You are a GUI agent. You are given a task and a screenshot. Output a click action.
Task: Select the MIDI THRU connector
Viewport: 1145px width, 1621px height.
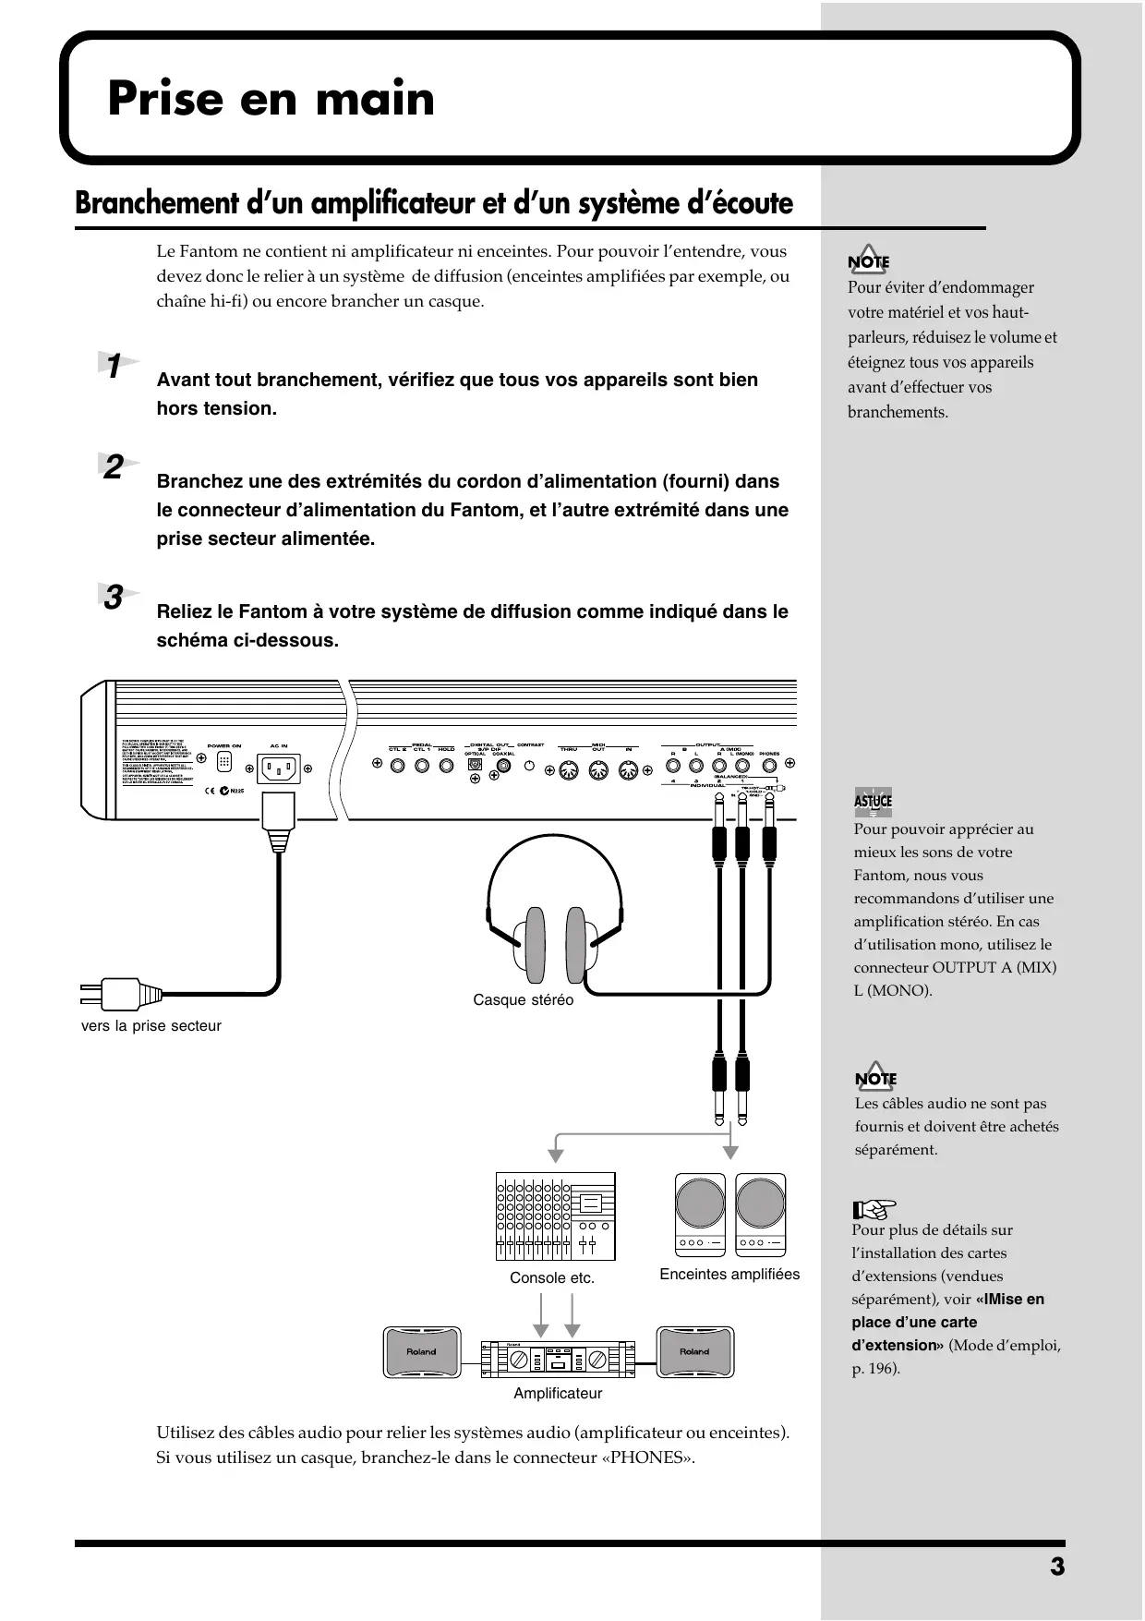coord(569,769)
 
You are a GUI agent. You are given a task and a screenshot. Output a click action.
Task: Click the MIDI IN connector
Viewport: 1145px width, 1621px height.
coord(628,769)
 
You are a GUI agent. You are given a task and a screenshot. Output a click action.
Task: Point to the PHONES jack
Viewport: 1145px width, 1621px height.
coord(769,766)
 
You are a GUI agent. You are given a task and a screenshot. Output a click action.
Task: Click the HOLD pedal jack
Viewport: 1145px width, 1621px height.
coord(446,766)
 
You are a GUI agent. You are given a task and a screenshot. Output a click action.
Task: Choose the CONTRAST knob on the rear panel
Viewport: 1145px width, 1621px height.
coord(530,765)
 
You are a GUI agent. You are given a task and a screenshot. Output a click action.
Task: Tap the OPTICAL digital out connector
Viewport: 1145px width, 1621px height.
coord(475,765)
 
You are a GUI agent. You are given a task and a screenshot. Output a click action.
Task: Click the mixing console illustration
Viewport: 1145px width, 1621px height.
coord(555,1216)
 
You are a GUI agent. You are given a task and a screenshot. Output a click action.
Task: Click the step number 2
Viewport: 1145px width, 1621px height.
coord(114,467)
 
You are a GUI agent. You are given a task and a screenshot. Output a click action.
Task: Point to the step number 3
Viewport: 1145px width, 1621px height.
coord(114,598)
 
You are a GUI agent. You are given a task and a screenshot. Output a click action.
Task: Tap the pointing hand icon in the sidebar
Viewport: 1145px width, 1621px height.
coord(874,1207)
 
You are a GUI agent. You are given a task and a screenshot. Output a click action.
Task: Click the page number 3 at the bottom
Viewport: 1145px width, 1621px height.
coord(1057,1567)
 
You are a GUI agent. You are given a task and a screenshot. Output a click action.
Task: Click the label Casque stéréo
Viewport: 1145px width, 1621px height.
coord(523,1000)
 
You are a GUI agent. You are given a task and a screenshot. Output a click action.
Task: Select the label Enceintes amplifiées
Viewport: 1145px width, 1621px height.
coord(729,1275)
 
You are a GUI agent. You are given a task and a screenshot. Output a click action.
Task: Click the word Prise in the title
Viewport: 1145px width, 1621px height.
coord(165,99)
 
